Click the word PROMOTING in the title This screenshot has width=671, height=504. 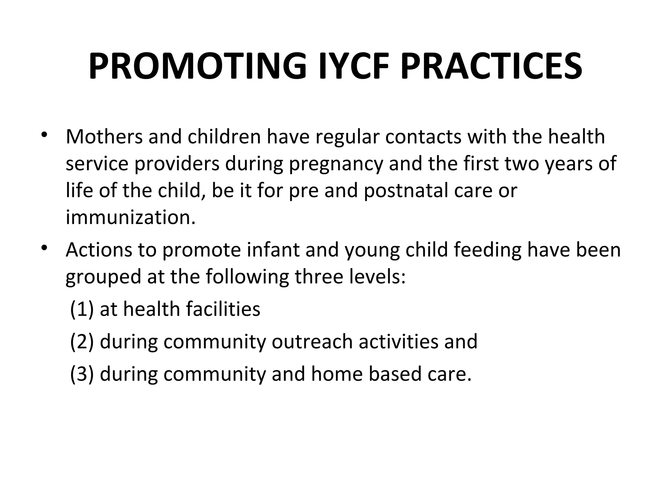coord(197,67)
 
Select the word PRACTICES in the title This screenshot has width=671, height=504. coord(491,67)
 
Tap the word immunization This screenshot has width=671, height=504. coord(130,217)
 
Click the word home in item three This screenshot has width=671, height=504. coord(337,374)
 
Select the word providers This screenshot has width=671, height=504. coord(177,164)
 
